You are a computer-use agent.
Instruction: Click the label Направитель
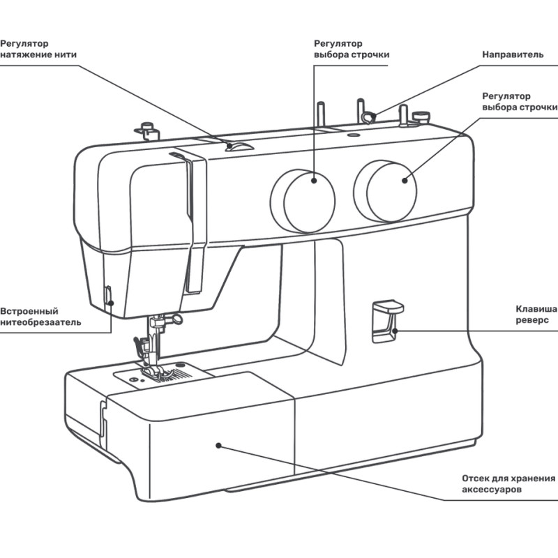click(513, 54)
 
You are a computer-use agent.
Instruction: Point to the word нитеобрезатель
click(40, 322)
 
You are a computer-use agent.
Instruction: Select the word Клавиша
click(536, 309)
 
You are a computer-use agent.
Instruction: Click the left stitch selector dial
click(303, 200)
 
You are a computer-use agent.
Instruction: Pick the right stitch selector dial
click(386, 190)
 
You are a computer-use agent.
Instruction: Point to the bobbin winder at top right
click(420, 116)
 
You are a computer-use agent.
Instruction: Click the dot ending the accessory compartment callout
click(218, 444)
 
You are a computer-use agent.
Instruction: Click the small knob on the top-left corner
click(146, 128)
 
